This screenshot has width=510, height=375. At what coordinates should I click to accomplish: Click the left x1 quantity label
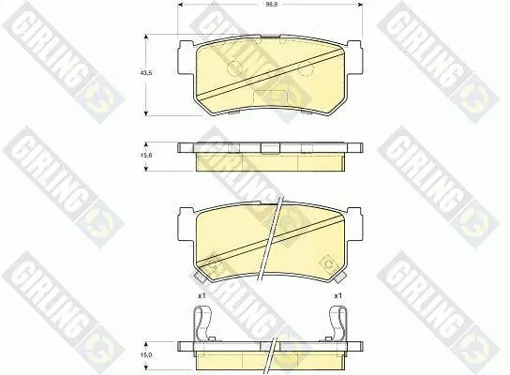tap(202, 296)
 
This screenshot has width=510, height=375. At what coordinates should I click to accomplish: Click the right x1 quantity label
tap(337, 296)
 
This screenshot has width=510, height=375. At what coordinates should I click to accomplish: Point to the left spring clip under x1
tap(202, 324)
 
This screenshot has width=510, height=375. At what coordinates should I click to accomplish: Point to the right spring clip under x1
tap(337, 324)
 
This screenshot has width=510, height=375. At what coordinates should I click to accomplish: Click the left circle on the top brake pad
tap(234, 67)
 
